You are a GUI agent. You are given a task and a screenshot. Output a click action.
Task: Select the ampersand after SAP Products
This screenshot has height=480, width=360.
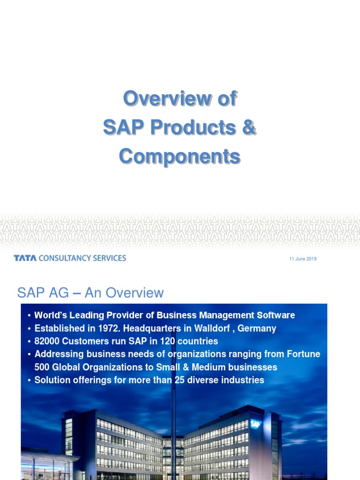[x=249, y=127]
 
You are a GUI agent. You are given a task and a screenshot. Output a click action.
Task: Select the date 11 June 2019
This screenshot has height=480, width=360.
[x=303, y=259]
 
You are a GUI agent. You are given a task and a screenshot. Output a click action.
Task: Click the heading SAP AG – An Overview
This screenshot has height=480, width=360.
[x=90, y=293]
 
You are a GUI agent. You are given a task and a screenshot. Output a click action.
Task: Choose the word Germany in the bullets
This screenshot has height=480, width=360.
[x=257, y=328]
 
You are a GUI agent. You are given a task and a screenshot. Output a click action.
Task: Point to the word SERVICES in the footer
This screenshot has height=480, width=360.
[x=111, y=258]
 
